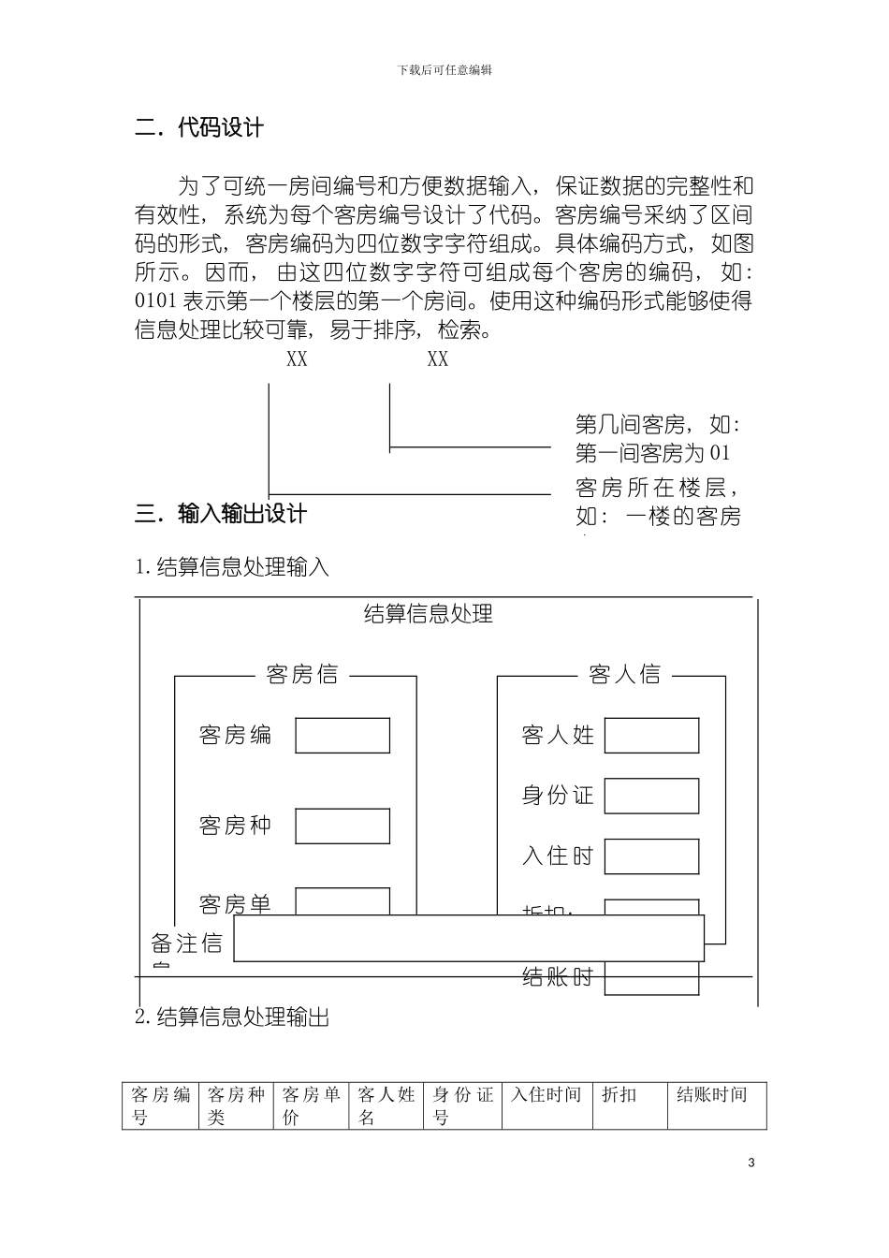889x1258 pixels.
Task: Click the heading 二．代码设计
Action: click(199, 128)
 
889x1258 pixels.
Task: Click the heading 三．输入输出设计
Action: click(221, 514)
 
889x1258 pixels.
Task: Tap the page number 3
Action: click(751, 1163)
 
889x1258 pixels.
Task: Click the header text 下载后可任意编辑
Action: click(444, 69)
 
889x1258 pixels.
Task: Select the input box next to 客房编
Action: click(342, 736)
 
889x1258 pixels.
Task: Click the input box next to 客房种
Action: click(342, 826)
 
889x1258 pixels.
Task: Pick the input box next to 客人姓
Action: click(651, 736)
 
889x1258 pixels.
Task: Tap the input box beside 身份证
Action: click(651, 796)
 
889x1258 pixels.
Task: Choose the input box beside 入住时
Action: click(651, 856)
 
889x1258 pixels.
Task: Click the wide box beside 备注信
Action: click(468, 939)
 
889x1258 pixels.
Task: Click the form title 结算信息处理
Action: click(428, 614)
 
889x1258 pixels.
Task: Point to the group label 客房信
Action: click(302, 675)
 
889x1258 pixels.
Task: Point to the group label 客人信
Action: click(624, 675)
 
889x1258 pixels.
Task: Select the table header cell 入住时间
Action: click(546, 1095)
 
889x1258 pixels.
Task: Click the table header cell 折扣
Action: click(619, 1095)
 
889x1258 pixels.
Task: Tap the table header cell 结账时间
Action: click(712, 1095)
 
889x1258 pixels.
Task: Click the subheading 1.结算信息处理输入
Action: click(233, 566)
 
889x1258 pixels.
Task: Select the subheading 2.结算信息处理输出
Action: click(233, 1017)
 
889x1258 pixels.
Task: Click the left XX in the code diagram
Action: click(297, 359)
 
